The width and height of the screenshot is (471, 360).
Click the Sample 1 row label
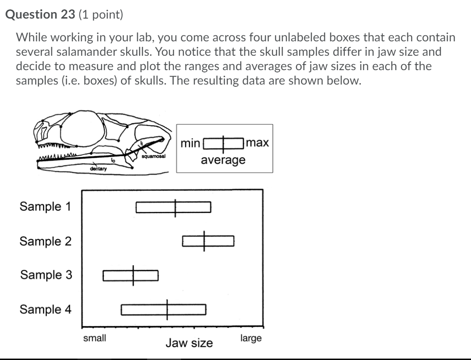45,206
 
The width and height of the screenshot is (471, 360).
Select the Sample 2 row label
45,241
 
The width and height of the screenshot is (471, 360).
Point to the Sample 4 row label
45,309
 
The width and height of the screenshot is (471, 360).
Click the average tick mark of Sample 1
175,208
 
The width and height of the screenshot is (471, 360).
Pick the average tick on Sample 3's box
134,275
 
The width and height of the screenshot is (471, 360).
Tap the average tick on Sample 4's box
168,309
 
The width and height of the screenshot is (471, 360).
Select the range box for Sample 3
116,276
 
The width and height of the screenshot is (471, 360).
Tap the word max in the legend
258,143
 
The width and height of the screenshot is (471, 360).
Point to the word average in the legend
223,160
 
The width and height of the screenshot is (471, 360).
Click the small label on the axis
94,338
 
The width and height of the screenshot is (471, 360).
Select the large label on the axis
251,338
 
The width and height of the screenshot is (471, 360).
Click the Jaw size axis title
189,343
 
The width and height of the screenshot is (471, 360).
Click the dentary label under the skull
99,169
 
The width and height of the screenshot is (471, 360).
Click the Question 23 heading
40,14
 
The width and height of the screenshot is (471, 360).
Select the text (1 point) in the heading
101,15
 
